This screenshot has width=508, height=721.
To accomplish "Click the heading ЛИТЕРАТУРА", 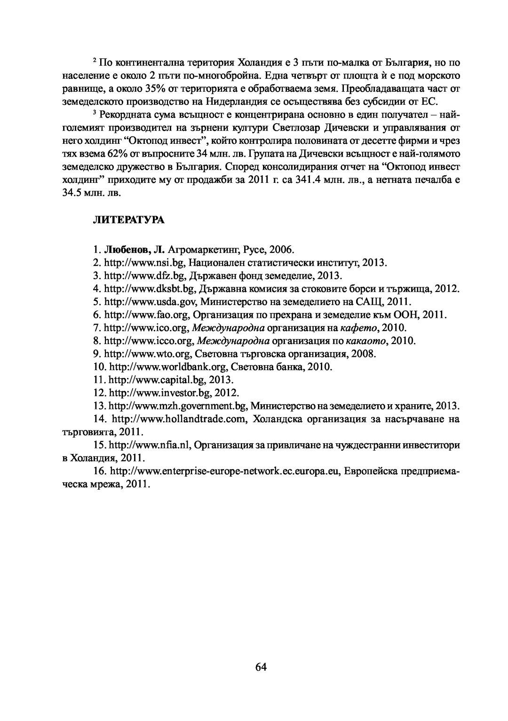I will tap(128, 220).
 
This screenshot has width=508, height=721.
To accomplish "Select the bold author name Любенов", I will tap(124, 249).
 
